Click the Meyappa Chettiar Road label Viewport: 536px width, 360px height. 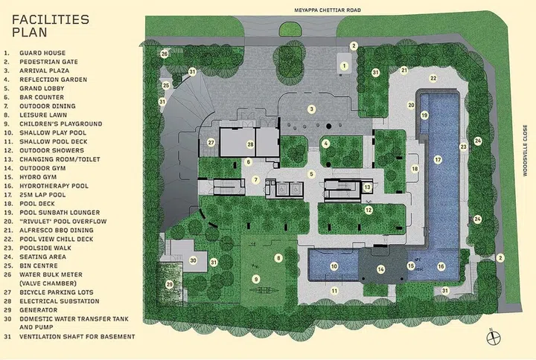328,10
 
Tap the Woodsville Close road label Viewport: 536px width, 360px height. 525,150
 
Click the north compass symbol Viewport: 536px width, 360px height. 494,338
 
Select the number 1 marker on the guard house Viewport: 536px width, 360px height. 344,66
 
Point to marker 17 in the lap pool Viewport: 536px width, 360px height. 438,159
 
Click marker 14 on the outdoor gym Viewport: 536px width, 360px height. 381,269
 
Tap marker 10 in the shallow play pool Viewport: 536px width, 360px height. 334,266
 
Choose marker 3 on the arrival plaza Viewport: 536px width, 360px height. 311,109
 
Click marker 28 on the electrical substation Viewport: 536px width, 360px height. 250,144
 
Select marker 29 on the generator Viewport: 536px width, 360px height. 169,285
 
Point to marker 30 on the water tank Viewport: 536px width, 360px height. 193,260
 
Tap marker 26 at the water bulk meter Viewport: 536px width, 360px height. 165,54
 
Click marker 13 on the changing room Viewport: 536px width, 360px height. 367,187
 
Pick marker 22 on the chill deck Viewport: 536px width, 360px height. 433,78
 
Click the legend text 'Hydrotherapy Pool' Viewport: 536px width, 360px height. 54,186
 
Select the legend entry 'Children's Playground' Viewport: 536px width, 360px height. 60,123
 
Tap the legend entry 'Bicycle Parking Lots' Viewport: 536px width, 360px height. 57,292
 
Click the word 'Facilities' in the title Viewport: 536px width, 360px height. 51,19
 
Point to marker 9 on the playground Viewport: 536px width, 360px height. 255,280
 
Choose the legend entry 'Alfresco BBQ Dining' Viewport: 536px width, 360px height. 57,231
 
